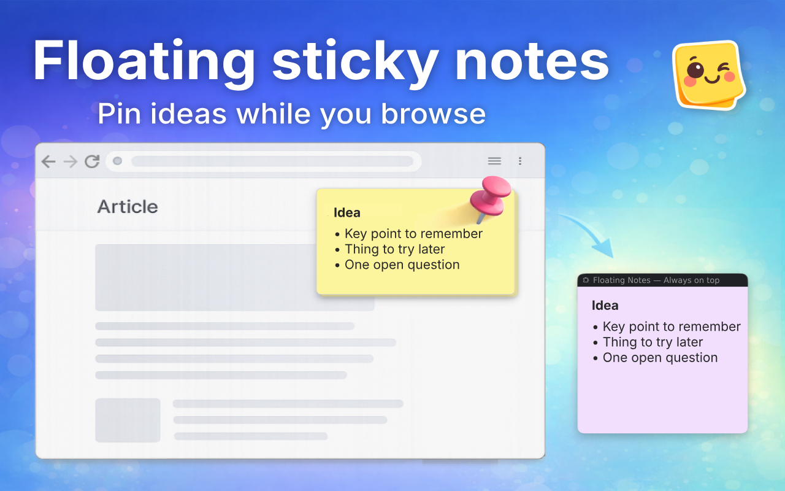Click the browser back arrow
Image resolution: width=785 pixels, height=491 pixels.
[x=48, y=161]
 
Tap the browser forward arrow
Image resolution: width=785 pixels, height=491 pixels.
[x=71, y=161]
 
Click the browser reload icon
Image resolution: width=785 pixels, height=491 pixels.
[x=92, y=161]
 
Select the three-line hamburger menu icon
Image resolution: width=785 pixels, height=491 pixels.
[x=494, y=161]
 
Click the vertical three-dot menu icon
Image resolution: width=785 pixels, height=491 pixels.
[x=520, y=161]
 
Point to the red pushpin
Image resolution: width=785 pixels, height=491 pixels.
[x=491, y=196]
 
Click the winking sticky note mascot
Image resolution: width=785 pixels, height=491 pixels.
[x=708, y=75]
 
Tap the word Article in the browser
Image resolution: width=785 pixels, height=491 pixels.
[x=128, y=207]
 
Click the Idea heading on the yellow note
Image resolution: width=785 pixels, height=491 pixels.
[x=347, y=213]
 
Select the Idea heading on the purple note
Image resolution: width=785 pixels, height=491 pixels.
[x=605, y=306]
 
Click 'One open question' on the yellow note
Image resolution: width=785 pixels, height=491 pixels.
[x=402, y=265]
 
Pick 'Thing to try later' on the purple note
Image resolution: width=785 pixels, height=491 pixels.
[x=653, y=342]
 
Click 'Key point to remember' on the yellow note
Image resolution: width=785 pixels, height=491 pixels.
[x=413, y=234]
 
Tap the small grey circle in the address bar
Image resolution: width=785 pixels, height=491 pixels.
[x=118, y=161]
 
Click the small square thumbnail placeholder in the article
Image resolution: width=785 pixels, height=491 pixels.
[x=128, y=420]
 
